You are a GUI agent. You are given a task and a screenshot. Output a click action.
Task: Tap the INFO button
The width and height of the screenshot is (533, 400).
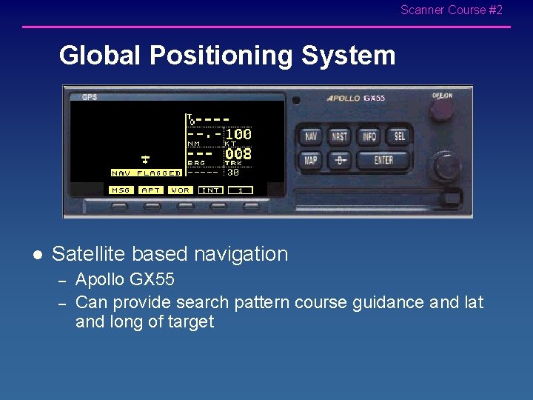[369, 136]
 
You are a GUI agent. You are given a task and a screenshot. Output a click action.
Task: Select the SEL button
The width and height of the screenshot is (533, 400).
[399, 136]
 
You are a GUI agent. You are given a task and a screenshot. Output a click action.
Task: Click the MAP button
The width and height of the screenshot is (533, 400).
[310, 160]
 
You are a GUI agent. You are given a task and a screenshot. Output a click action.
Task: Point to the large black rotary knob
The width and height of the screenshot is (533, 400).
[447, 167]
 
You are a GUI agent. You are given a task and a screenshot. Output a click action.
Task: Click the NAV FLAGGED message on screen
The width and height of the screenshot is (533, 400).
[146, 173]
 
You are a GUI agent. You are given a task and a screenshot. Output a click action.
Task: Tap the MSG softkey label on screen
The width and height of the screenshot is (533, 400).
[121, 190]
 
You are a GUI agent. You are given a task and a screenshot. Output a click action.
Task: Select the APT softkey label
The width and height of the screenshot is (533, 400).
[151, 190]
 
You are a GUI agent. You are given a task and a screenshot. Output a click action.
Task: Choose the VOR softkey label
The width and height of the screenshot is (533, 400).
[181, 190]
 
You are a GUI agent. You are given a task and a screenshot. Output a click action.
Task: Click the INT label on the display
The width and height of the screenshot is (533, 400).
[211, 190]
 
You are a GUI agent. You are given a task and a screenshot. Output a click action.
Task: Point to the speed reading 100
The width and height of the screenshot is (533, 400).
[238, 135]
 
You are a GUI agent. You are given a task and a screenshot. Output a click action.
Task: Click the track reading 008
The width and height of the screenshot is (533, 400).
[238, 154]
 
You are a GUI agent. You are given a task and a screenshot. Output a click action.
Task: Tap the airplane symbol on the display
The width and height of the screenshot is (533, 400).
[146, 159]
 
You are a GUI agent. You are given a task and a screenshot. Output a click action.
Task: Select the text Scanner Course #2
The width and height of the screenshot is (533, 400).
[451, 10]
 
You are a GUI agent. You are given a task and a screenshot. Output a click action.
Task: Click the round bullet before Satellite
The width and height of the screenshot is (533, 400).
[38, 255]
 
